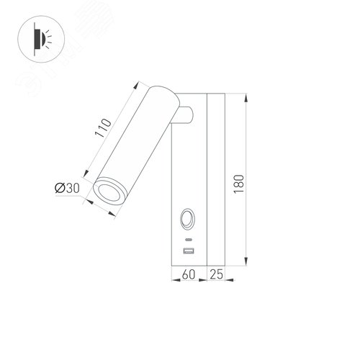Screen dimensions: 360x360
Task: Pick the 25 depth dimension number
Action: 217,274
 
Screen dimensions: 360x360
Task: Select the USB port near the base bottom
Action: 189,251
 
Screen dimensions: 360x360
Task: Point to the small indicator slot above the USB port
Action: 189,238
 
